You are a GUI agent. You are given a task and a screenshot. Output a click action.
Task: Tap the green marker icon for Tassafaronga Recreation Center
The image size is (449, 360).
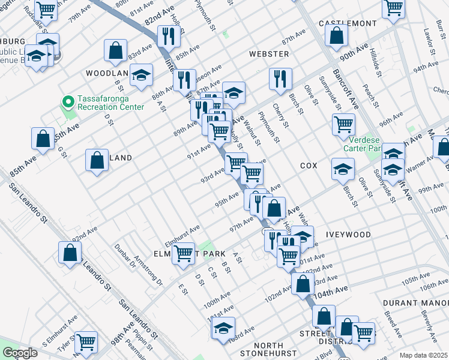(x=68, y=100)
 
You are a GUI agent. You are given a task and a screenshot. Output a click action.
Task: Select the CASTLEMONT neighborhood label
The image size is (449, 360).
(x=348, y=23)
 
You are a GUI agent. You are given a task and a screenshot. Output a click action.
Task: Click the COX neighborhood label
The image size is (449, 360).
(x=309, y=165)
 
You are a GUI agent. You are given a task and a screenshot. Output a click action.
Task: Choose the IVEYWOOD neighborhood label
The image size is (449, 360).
(x=348, y=235)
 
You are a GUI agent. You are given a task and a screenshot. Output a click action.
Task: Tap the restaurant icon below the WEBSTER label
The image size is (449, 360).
(x=280, y=78)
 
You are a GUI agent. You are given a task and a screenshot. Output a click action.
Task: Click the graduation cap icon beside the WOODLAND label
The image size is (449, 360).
(x=141, y=75)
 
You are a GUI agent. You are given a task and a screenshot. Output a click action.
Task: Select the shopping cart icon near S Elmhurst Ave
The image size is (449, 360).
(x=86, y=342)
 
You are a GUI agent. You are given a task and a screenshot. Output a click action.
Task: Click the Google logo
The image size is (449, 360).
(x=20, y=353)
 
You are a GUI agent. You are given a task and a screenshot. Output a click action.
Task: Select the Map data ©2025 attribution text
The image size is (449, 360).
(x=423, y=355)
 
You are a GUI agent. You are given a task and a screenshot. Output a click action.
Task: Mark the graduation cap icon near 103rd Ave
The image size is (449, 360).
(x=223, y=329)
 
